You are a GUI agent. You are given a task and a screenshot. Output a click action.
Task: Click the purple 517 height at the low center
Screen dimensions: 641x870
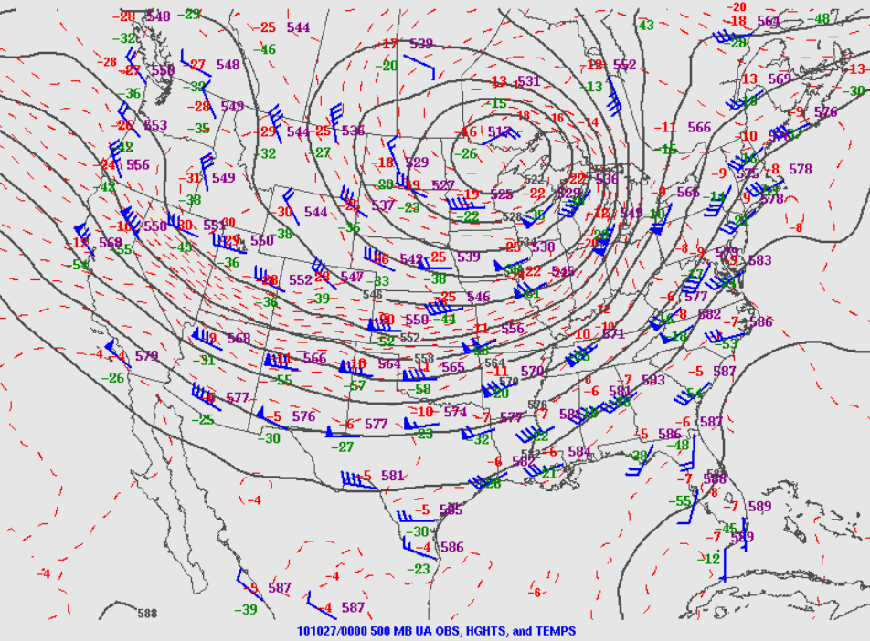[499, 132]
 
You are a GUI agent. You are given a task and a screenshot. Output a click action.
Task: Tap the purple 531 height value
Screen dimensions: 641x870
[529, 81]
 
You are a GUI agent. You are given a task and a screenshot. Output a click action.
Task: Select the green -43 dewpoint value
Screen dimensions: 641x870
[645, 26]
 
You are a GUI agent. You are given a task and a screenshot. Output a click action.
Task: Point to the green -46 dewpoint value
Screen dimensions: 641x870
[266, 49]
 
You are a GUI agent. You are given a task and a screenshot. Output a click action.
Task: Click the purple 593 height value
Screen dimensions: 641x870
[653, 380]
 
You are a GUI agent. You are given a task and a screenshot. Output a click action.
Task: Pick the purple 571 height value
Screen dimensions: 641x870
[612, 334]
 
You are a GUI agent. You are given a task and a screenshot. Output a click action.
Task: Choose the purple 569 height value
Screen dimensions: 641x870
[780, 79]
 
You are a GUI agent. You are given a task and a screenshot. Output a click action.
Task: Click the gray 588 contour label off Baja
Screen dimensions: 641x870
[147, 614]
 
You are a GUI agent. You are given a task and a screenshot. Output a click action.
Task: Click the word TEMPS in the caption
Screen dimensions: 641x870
[556, 631]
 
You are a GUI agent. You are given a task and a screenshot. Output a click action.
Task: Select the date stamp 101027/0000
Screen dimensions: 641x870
[332, 631]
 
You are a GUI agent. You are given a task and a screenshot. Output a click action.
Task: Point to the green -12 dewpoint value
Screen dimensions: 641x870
[711, 558]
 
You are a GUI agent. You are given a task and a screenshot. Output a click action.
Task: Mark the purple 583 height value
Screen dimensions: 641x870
[759, 260]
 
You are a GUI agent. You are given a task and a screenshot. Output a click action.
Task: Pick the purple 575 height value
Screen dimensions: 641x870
[747, 173]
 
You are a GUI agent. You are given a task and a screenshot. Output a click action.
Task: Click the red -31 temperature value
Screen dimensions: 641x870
[193, 178]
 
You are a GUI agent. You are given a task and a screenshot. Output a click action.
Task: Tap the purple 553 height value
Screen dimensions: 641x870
[155, 125]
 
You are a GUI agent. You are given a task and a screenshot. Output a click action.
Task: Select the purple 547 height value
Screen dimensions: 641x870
[352, 277]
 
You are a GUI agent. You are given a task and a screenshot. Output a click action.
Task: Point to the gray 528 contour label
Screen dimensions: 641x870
[512, 217]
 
